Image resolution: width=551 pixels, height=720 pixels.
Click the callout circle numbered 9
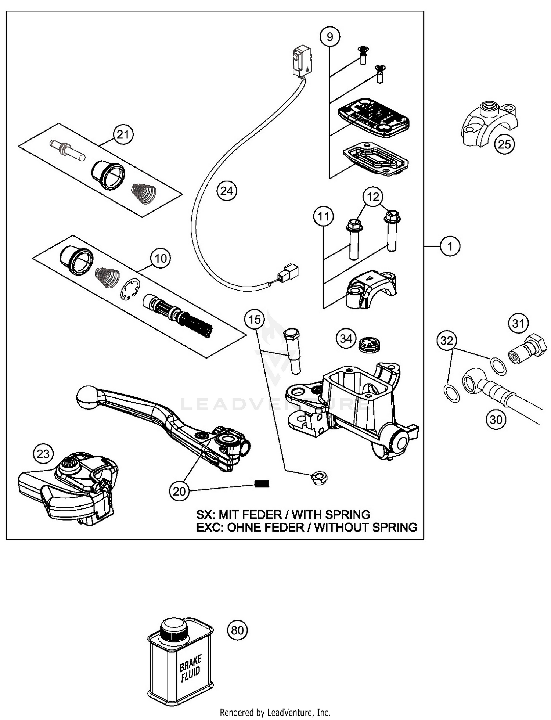329,37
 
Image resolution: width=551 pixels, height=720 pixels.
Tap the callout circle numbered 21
123,135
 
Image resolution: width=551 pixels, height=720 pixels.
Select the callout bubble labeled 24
227,191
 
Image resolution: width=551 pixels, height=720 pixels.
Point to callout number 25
504,144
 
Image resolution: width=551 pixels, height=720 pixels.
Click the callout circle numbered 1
450,246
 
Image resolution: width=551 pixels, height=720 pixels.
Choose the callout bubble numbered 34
346,338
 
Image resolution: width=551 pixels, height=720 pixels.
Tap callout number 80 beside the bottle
237,630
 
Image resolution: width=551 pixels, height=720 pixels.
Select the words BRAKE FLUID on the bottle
190,669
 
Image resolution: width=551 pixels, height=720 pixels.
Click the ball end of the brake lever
87,397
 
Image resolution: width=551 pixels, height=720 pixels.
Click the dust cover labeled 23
68,487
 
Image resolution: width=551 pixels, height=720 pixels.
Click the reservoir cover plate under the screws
373,118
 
